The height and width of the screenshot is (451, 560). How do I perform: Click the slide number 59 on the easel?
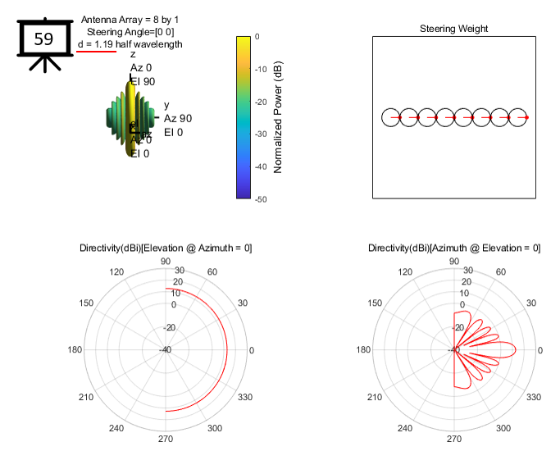tap(44, 39)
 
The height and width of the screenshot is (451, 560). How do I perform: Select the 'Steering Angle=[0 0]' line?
tap(130, 31)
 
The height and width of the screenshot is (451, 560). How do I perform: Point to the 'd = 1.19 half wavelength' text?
tap(130, 43)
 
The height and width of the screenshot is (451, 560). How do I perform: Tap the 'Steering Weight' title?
tap(453, 29)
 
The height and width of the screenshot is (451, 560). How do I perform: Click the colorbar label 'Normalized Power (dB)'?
tap(278, 118)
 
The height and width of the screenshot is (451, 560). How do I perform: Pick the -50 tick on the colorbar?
tap(260, 198)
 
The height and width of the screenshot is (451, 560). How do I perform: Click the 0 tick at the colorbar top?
tap(257, 37)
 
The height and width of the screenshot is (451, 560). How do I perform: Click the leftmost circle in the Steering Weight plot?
tap(393, 118)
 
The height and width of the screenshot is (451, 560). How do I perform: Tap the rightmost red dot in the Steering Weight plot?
tap(526, 118)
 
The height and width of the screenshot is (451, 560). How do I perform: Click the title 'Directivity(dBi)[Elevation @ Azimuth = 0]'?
tap(166, 248)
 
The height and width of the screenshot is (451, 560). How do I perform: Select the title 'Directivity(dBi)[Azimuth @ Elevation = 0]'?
tap(454, 248)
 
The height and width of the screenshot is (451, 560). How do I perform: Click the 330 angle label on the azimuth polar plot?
tap(534, 397)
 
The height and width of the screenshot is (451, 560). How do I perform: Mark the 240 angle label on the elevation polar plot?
tap(118, 429)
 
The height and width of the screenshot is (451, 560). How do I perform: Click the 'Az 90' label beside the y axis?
tap(178, 118)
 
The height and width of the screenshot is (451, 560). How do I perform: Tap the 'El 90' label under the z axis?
tap(143, 81)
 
